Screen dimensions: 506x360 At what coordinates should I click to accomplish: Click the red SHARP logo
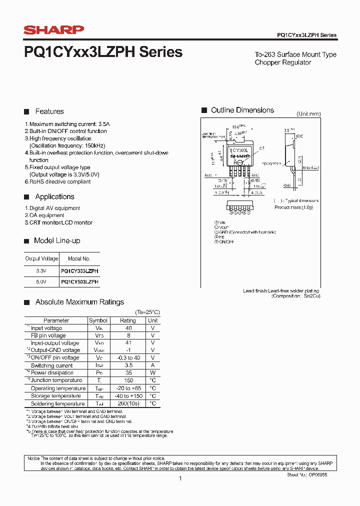(x=54, y=30)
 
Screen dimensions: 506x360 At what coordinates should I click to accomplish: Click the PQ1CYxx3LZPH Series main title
(x=103, y=52)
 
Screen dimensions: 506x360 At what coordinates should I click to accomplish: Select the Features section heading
(x=49, y=111)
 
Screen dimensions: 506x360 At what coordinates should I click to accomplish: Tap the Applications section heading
(x=54, y=197)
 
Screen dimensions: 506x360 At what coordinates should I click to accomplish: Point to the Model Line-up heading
(x=57, y=240)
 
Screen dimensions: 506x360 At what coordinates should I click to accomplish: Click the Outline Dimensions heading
(x=242, y=110)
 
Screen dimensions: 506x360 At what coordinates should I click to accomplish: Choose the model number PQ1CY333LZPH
(x=79, y=271)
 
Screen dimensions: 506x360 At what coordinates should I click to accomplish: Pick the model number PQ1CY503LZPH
(x=79, y=282)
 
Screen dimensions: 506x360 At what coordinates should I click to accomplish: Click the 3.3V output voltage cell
(x=41, y=271)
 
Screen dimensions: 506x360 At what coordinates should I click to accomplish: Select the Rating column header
(x=128, y=320)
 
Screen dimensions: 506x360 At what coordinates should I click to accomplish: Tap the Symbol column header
(x=98, y=320)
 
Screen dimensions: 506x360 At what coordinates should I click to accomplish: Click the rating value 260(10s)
(x=128, y=403)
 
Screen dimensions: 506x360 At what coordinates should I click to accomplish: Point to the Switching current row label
(x=52, y=365)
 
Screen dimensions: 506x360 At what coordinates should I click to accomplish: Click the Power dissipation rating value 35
(x=128, y=373)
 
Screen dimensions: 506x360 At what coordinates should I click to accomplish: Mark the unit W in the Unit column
(x=153, y=373)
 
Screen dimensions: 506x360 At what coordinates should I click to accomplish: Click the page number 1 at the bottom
(x=180, y=478)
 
